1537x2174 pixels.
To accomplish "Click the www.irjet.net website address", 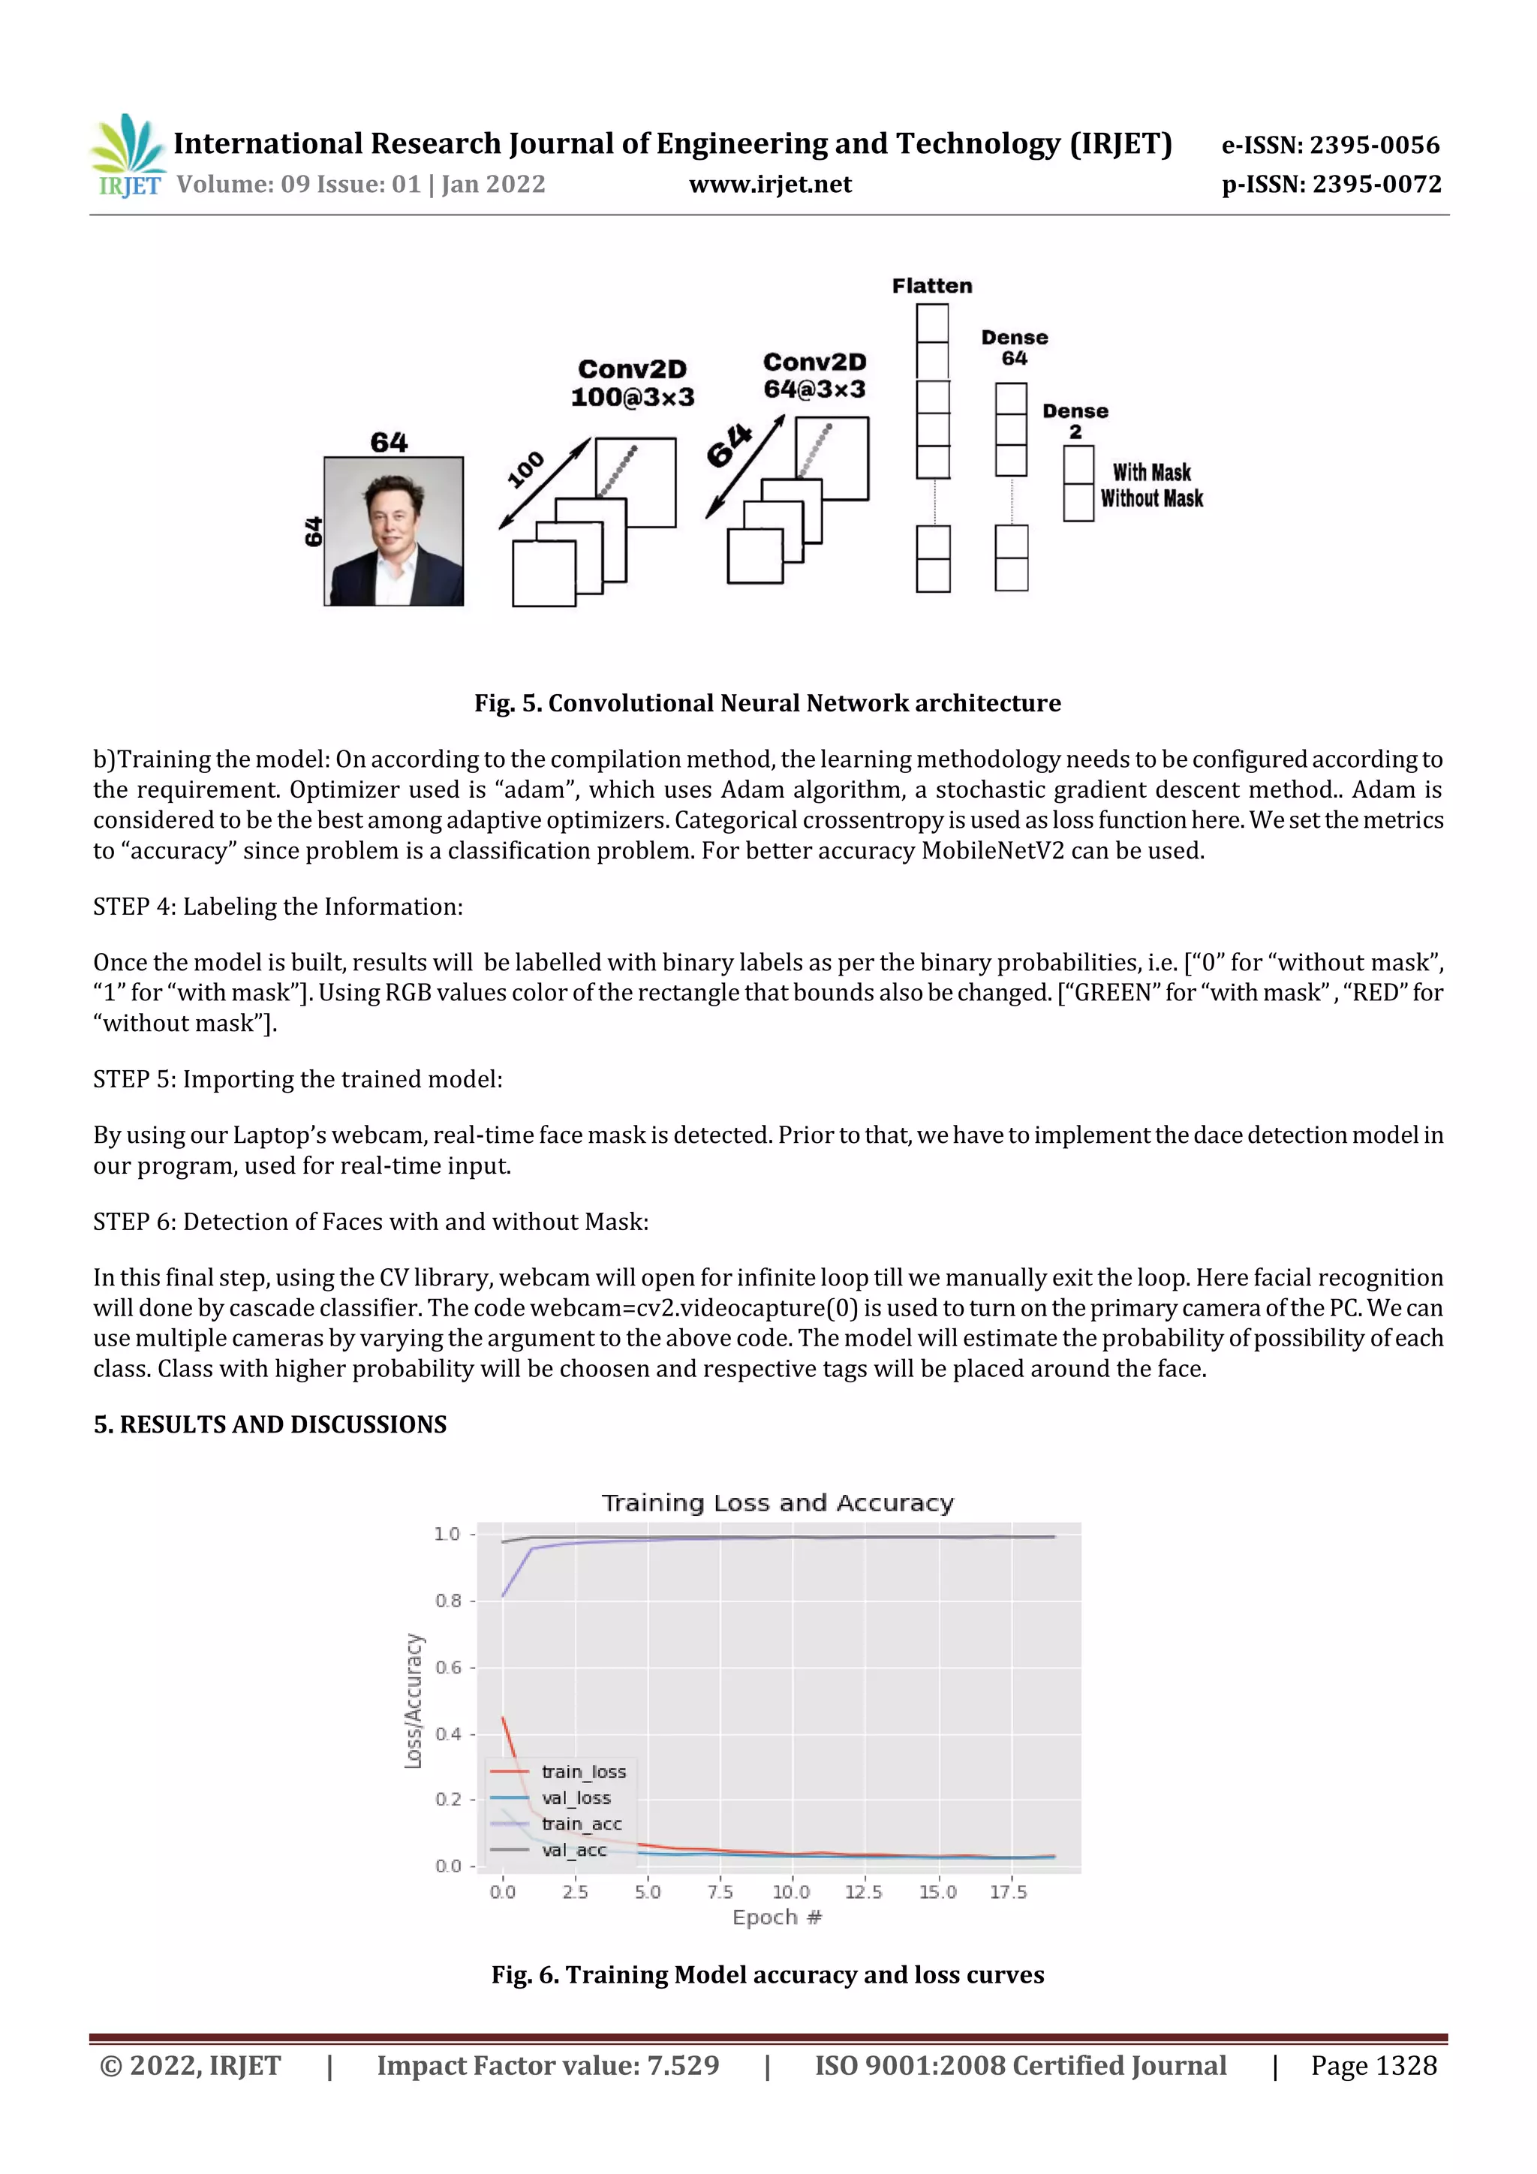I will (770, 185).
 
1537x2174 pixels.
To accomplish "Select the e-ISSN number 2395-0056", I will (1330, 145).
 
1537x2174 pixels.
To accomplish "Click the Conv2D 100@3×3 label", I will (632, 383).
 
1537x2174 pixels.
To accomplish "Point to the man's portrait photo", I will (393, 531).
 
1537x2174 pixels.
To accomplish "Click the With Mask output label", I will (1150, 473).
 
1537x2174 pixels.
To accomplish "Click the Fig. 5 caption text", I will (767, 703).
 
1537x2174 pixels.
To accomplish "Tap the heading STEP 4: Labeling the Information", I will (278, 907).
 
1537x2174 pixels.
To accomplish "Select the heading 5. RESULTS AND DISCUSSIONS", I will (270, 1425).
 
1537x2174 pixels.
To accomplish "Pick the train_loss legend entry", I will (582, 1772).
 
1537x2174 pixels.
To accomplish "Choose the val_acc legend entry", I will (573, 1850).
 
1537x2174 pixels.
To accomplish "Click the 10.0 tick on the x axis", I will (791, 1893).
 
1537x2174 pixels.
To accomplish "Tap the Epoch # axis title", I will (777, 1917).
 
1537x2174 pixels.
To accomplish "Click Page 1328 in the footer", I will (1373, 2066).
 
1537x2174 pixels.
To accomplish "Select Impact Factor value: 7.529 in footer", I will (547, 2066).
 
